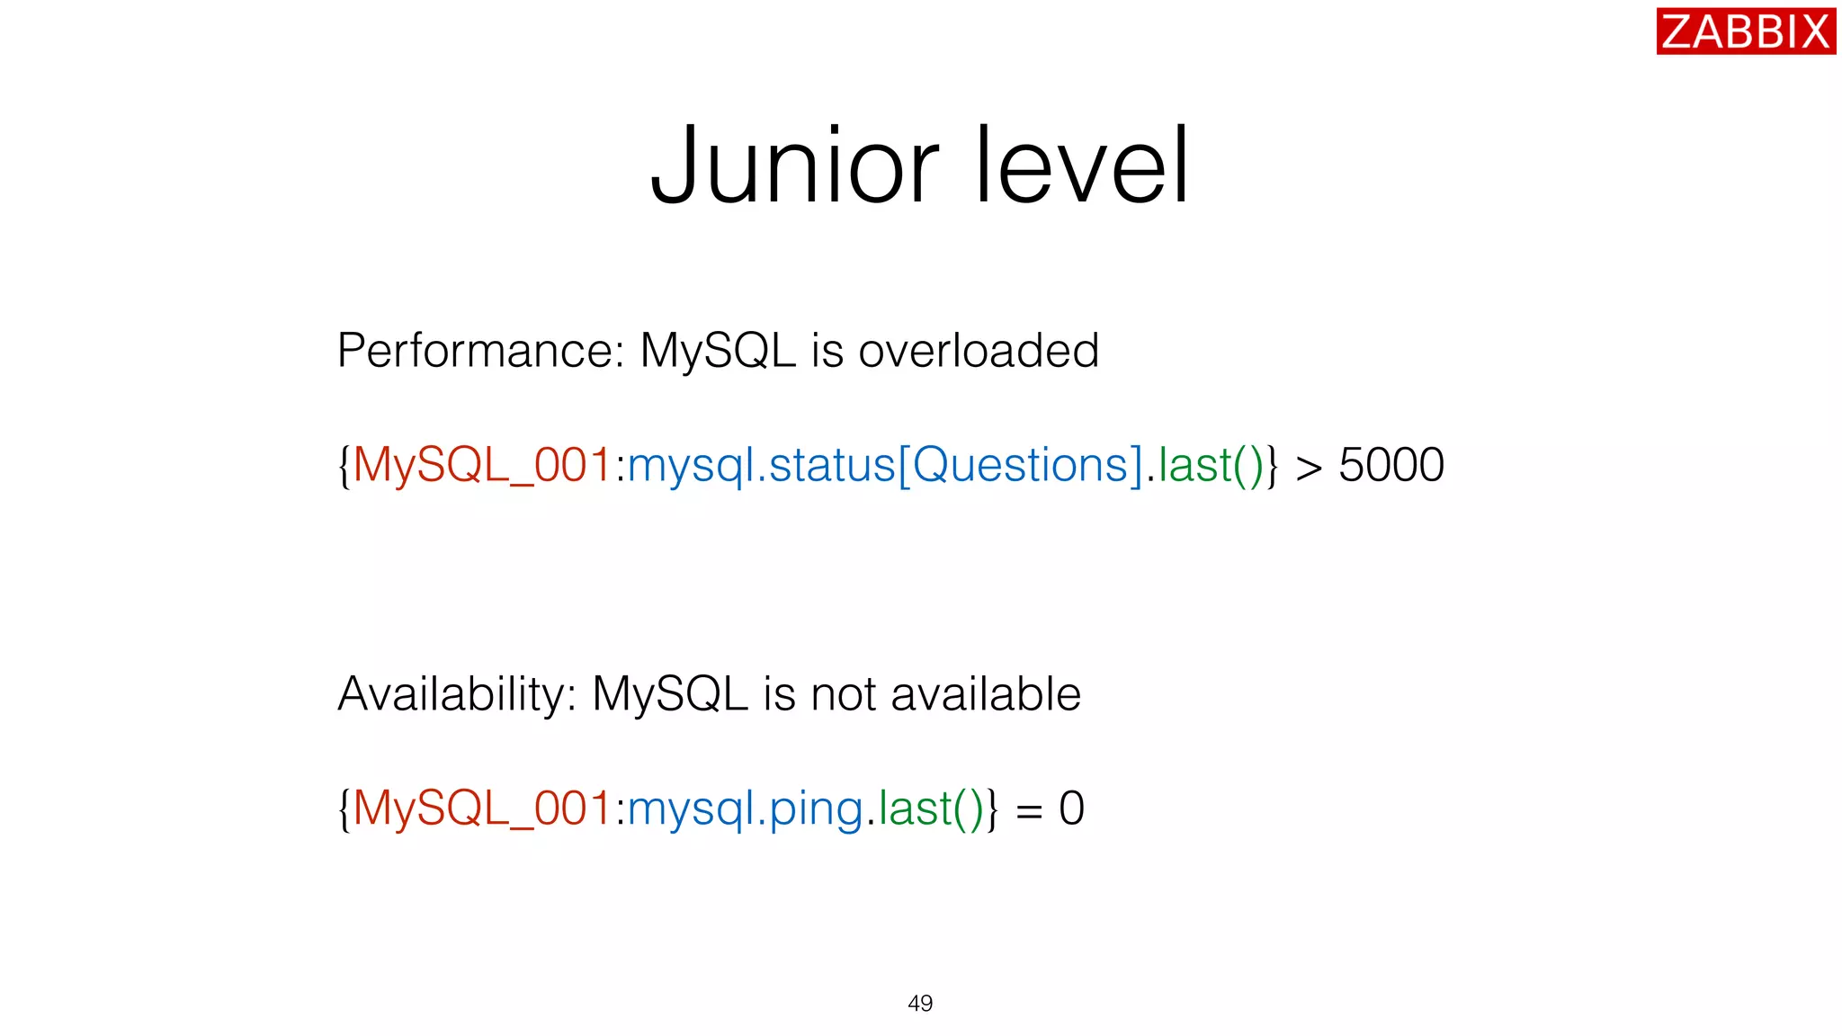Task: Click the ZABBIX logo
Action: (1745, 31)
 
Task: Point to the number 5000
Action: (1390, 466)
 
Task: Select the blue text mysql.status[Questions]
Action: (885, 466)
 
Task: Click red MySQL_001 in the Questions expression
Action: (483, 466)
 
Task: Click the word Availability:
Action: (457, 694)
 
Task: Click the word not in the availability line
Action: (843, 694)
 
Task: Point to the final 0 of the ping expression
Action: (1071, 808)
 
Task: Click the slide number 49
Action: (920, 1004)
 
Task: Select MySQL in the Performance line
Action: (718, 351)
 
